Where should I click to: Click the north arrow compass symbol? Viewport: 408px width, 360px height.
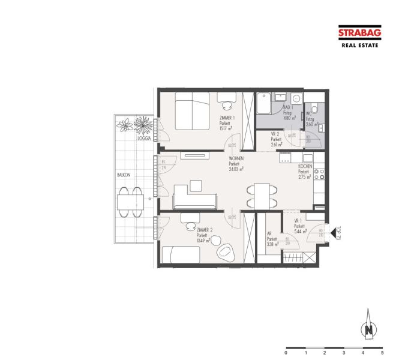click(370, 328)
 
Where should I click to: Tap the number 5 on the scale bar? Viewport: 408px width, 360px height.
click(382, 353)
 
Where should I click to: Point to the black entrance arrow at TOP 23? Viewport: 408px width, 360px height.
click(332, 230)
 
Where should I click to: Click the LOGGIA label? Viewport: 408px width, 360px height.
click(144, 137)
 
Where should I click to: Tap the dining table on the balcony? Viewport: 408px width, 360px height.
click(130, 200)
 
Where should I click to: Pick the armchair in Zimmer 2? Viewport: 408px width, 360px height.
click(226, 250)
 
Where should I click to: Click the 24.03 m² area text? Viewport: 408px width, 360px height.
click(236, 169)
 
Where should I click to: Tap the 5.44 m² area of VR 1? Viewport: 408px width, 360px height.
click(300, 230)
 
